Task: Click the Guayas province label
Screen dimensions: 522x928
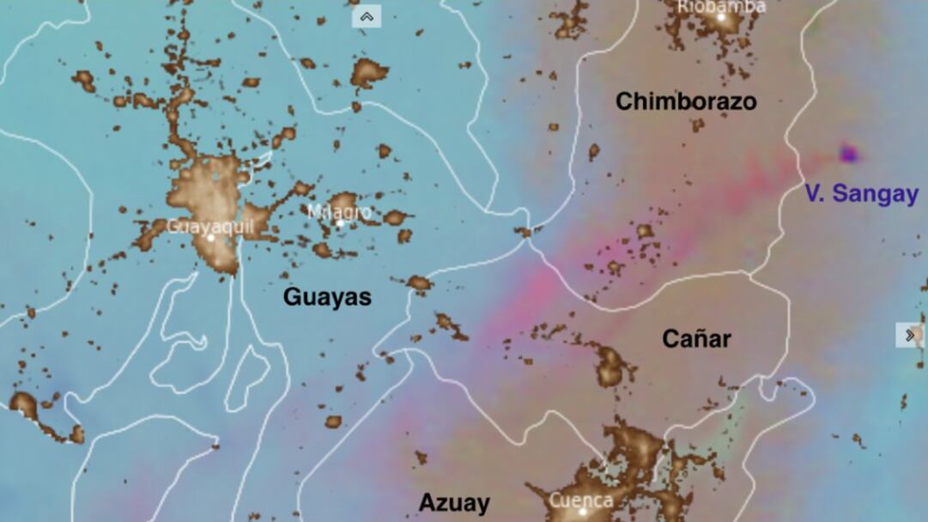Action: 327,298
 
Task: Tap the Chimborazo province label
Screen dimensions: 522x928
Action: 686,102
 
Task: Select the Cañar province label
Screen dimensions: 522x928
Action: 696,339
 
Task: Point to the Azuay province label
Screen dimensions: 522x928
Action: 454,503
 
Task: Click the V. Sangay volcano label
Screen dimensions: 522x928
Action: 861,194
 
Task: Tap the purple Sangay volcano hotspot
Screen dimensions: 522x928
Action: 849,155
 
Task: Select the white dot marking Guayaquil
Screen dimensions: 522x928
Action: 210,237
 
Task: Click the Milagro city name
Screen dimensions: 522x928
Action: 340,211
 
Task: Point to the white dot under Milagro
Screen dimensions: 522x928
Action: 340,224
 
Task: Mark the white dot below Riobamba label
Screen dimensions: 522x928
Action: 721,17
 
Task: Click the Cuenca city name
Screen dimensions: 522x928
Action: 581,500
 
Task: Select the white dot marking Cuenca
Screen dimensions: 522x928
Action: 583,512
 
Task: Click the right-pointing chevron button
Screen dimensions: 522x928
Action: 910,335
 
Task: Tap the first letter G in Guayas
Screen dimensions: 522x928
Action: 292,298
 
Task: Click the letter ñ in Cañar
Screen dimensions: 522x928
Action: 698,339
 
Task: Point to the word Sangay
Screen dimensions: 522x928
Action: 876,194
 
